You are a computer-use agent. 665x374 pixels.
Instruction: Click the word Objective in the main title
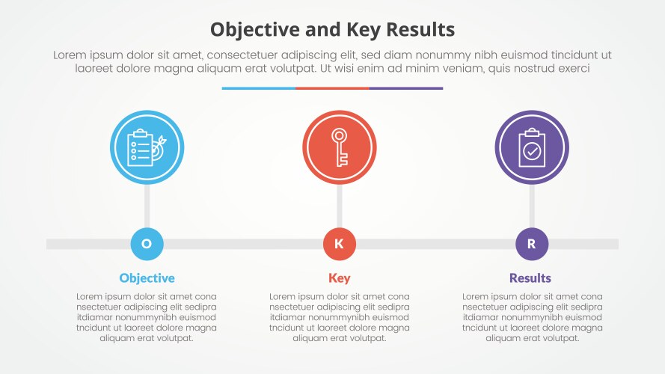click(x=250, y=30)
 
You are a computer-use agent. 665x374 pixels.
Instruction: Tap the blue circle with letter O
click(x=147, y=244)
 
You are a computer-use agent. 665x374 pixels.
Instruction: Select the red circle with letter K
click(x=339, y=244)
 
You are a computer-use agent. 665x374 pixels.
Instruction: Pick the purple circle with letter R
click(x=532, y=244)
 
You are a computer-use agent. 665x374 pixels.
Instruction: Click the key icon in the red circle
click(x=340, y=147)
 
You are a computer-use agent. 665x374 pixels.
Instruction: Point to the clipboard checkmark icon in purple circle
click(x=532, y=147)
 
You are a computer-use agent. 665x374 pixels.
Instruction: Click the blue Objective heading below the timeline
click(x=147, y=278)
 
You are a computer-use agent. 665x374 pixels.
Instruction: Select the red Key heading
click(x=339, y=278)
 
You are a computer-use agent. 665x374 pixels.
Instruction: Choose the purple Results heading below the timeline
click(x=530, y=278)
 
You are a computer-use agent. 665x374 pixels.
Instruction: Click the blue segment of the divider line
click(x=258, y=88)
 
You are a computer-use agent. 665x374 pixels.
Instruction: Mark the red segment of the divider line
click(x=332, y=88)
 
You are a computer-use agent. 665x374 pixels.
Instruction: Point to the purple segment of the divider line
click(x=406, y=88)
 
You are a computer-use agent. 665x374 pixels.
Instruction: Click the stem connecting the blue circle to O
click(x=147, y=206)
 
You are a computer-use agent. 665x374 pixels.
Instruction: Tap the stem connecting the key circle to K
click(x=340, y=206)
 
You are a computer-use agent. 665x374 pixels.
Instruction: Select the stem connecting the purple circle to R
click(x=532, y=206)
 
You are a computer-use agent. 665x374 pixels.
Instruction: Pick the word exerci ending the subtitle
click(x=572, y=68)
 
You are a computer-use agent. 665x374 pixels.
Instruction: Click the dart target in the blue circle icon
click(x=157, y=150)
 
